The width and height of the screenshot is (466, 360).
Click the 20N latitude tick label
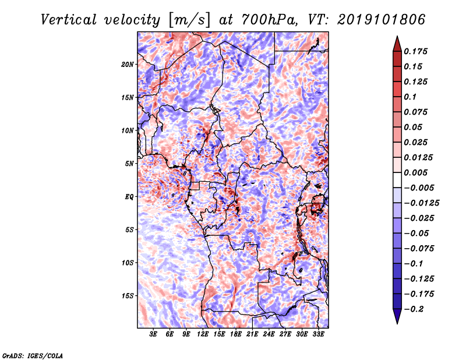coord(128,64)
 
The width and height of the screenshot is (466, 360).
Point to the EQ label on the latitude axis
coord(129,197)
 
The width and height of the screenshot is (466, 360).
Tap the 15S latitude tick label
coord(128,296)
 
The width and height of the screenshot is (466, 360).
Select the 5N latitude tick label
coord(129,164)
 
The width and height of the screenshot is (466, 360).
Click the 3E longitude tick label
coord(153,334)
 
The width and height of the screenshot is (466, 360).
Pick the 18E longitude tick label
coord(236,334)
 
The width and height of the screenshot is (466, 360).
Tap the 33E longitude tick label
coord(318,334)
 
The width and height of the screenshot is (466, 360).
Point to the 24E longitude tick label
coord(269,334)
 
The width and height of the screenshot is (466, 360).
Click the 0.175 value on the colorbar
coord(415,51)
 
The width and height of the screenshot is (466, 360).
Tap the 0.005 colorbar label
coord(415,172)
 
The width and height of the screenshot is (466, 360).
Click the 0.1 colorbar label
coord(410,97)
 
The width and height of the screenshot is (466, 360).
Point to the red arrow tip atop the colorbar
coord(397,37)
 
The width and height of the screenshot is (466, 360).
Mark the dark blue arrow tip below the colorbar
coord(397,323)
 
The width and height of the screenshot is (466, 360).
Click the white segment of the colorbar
coord(397,180)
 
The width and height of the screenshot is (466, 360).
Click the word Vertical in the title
coord(68,20)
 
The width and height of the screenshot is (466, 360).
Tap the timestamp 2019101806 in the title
coord(382,20)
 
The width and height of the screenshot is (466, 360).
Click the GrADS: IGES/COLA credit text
coord(33,355)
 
